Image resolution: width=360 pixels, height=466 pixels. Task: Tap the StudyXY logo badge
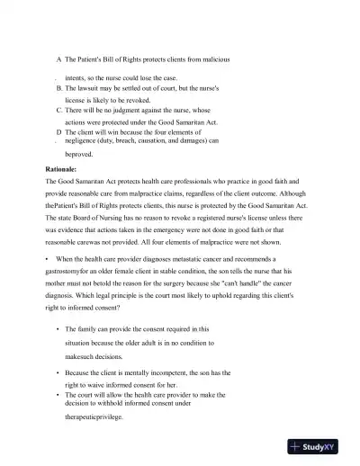[x=320, y=445]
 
